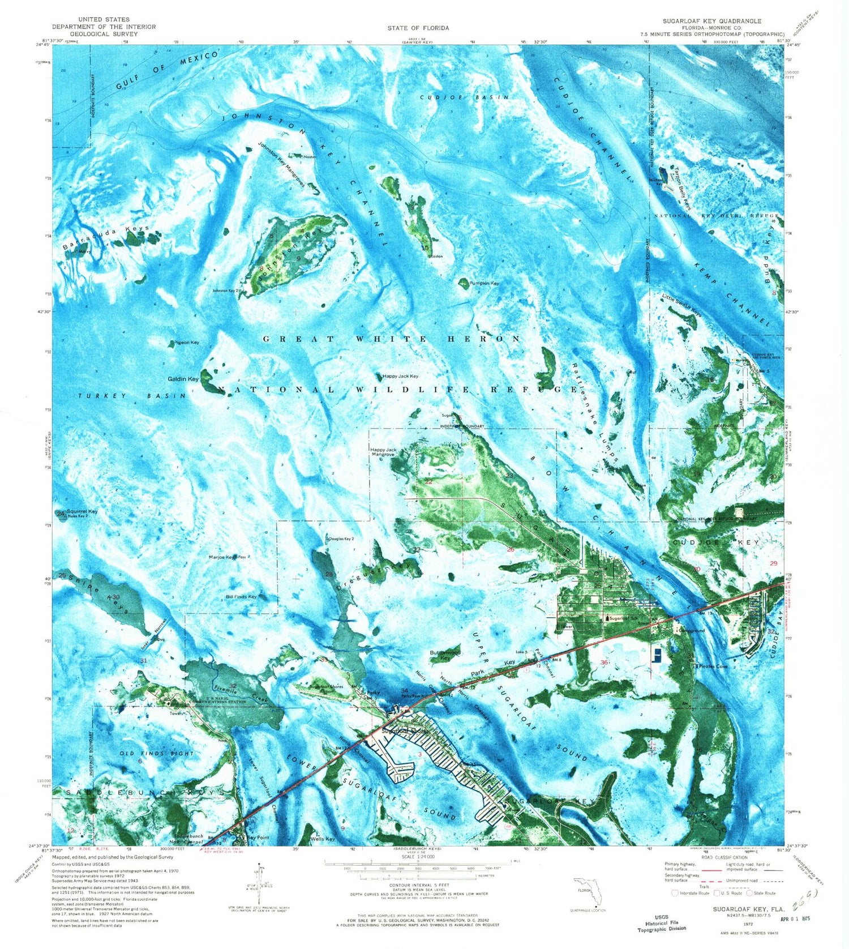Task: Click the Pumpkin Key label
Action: click(x=484, y=283)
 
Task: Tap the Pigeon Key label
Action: click(x=187, y=343)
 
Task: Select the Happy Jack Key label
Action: click(x=400, y=376)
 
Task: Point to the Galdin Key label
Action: click(x=183, y=379)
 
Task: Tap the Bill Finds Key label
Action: click(x=241, y=596)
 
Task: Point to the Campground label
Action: click(x=691, y=630)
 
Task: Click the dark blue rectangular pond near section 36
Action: click(x=657, y=656)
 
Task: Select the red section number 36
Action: click(x=604, y=662)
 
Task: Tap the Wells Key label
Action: click(x=323, y=839)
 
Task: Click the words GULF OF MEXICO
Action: click(x=167, y=70)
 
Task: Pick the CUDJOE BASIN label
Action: click(x=464, y=97)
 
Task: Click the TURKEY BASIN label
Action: click(x=132, y=396)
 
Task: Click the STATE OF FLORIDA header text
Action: click(x=418, y=28)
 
